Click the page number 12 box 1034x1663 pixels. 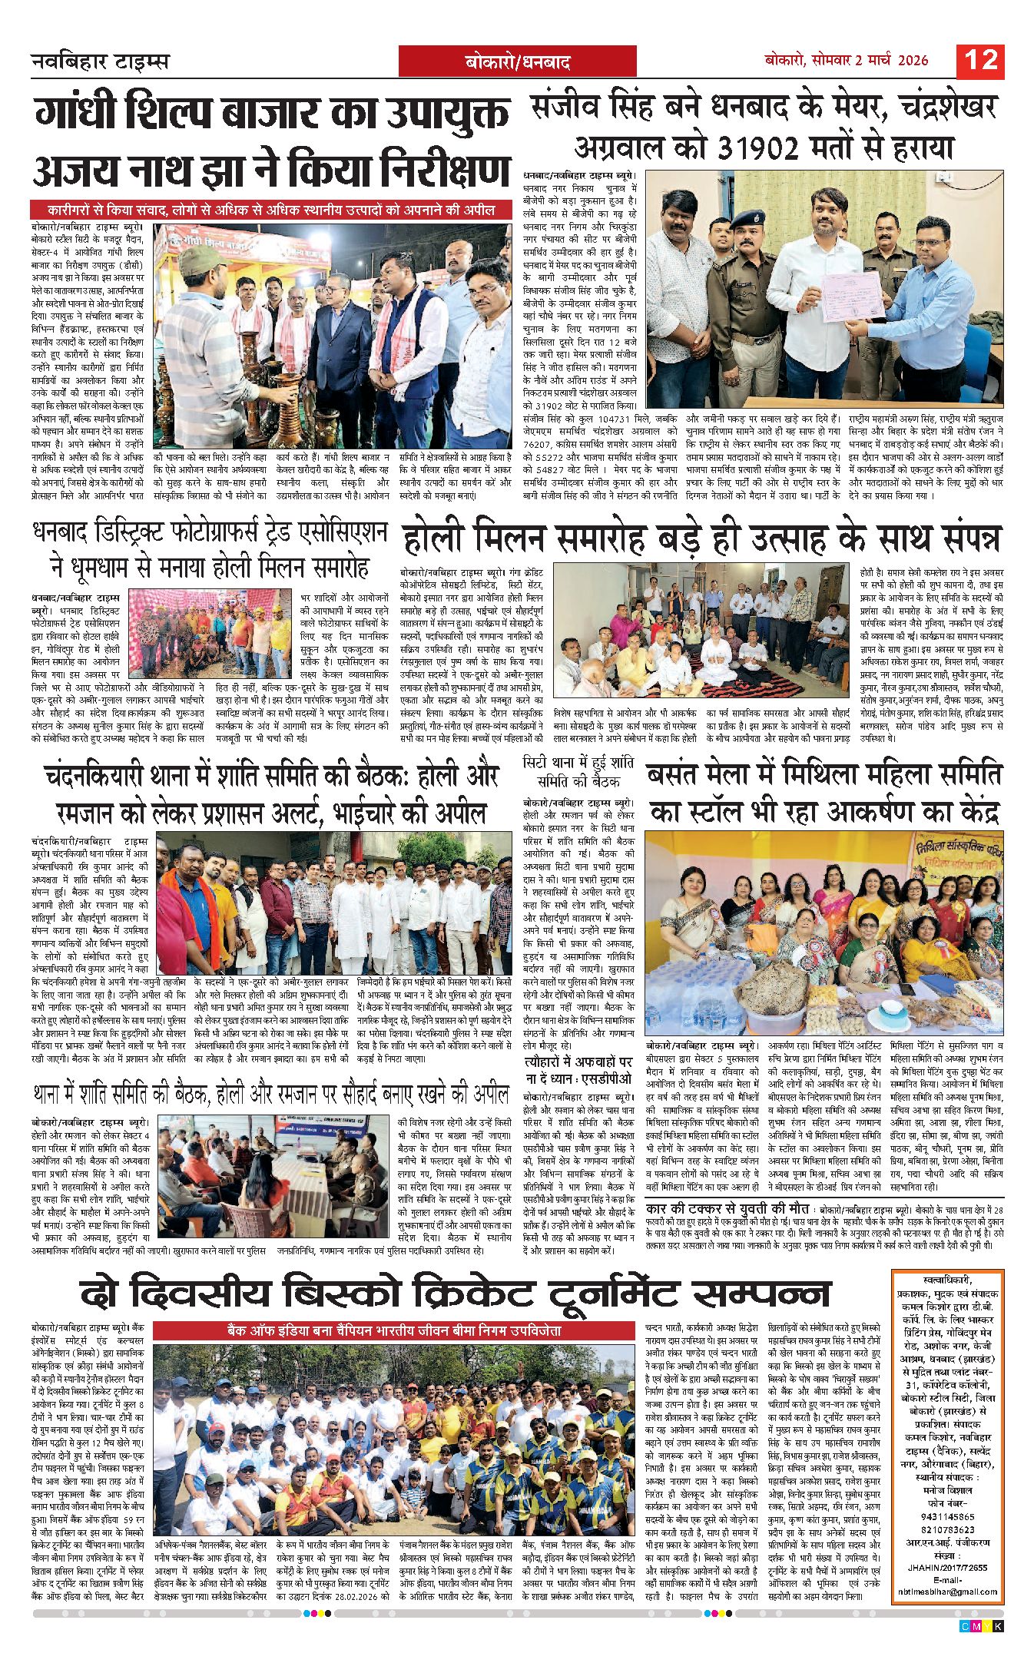click(980, 60)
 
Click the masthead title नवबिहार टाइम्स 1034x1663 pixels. click(100, 61)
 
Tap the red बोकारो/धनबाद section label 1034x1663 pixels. click(518, 62)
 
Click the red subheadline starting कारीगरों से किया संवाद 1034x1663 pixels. click(271, 210)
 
